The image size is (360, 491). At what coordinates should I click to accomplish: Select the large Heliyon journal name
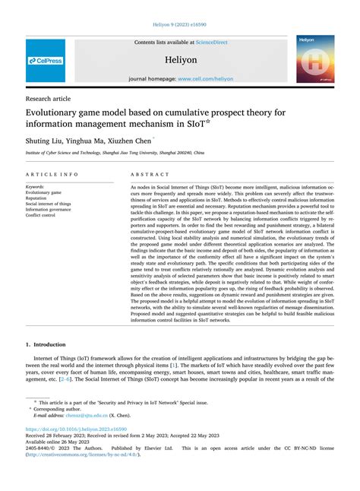pyautogui.click(x=180, y=59)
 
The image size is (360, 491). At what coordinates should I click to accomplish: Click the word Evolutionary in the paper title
pyautogui.click(x=62, y=113)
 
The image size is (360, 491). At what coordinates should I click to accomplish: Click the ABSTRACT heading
pyautogui.click(x=149, y=174)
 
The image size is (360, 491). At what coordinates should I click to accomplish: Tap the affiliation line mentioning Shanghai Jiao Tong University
pyautogui.click(x=115, y=153)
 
